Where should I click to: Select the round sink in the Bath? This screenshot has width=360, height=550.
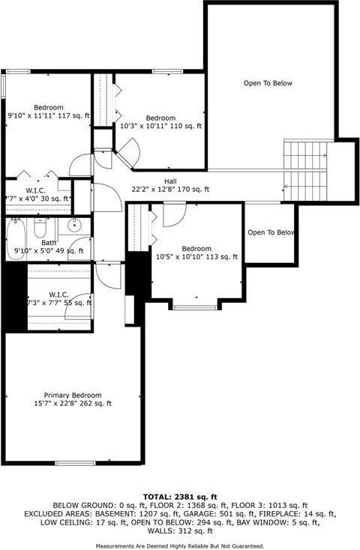tap(75, 225)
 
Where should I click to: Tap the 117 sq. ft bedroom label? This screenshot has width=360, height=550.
tap(48, 111)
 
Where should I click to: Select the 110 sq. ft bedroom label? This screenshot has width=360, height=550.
tap(160, 122)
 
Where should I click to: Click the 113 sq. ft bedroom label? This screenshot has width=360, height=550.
tap(196, 253)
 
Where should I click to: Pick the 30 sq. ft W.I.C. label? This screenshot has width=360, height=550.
tap(37, 194)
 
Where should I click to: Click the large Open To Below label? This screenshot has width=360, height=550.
tap(268, 83)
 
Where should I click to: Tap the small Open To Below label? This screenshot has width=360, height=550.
tap(271, 232)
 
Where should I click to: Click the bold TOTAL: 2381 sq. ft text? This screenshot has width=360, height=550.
tap(180, 496)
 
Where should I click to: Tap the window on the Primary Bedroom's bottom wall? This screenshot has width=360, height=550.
tap(75, 463)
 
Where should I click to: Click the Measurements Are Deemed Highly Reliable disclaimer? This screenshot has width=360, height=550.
tap(180, 546)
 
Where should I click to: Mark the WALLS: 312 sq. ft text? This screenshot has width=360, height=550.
tap(180, 531)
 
